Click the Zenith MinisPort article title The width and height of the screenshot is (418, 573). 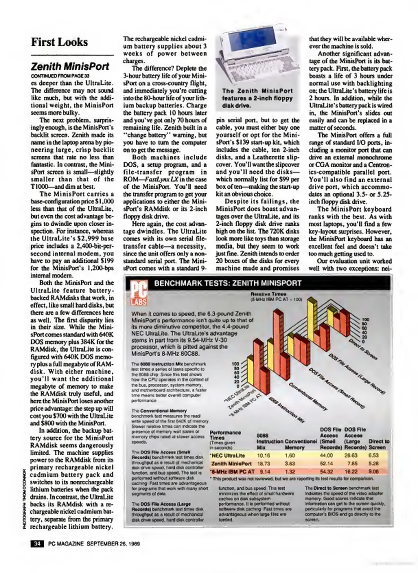70,66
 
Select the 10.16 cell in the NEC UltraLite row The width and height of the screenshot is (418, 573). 263,455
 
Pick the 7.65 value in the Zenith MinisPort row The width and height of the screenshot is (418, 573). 352,463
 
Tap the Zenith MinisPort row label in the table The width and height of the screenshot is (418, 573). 231,463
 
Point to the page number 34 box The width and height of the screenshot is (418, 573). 37,544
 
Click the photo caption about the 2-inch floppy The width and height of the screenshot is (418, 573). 257,98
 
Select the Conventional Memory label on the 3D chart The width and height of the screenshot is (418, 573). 307,397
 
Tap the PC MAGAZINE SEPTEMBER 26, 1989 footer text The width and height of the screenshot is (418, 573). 94,544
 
